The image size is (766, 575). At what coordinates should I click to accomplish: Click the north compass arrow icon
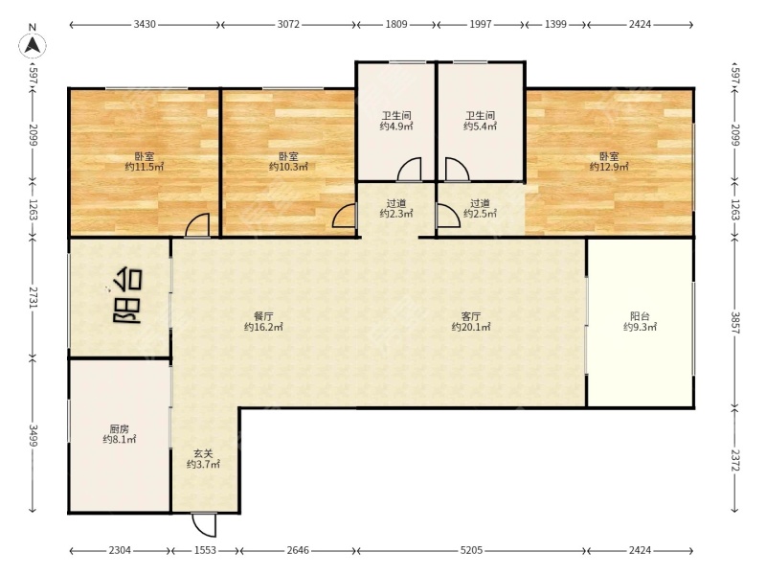(33, 45)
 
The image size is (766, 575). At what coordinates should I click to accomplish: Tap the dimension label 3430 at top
(145, 24)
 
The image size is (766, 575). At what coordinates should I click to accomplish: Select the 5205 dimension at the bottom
(471, 550)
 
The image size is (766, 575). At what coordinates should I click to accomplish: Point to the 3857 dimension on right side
(735, 323)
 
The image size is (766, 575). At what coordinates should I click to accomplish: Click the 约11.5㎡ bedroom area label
(145, 167)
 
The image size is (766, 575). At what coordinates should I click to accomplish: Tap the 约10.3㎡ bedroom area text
(289, 167)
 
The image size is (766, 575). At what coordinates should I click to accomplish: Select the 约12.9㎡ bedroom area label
(609, 167)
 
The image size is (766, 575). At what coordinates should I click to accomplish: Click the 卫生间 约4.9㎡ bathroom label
(396, 122)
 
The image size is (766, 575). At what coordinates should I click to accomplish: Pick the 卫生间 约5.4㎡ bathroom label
(481, 122)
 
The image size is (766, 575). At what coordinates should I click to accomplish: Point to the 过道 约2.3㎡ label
(396, 208)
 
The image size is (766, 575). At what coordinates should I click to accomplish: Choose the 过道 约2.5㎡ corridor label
(481, 208)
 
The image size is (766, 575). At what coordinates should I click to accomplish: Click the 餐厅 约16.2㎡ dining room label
(263, 322)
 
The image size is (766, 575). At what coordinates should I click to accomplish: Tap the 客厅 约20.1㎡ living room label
(471, 322)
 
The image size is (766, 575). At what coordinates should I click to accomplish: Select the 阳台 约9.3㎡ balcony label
(640, 322)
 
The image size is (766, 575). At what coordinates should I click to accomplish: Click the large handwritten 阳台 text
(127, 295)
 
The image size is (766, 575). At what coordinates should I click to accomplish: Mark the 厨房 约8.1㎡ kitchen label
(119, 434)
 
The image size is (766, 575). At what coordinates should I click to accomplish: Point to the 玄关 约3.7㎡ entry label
(203, 459)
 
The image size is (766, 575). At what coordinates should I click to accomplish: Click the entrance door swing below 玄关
(204, 525)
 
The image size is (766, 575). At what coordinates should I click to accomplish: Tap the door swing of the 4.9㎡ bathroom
(410, 170)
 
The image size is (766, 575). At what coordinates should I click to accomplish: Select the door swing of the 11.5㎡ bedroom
(198, 225)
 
